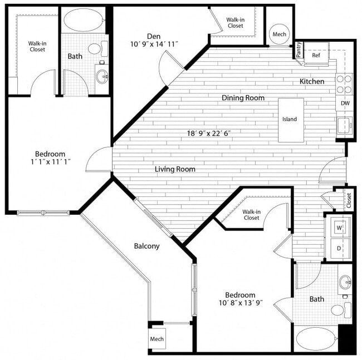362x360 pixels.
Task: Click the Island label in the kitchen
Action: [x=290, y=119]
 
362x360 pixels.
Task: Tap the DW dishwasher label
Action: [x=345, y=103]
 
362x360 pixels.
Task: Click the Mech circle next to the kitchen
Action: [x=279, y=34]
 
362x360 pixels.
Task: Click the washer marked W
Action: [x=339, y=228]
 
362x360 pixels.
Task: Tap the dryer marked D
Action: [x=339, y=248]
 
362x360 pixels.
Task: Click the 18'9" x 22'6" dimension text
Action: [x=209, y=134]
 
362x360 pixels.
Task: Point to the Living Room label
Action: [x=175, y=169]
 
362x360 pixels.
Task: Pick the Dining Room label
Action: [x=243, y=98]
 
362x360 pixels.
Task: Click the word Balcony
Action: [x=147, y=246]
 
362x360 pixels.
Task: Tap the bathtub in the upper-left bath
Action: [x=84, y=21]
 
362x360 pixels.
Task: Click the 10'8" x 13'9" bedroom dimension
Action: [x=240, y=304]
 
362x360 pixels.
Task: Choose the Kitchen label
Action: [x=312, y=82]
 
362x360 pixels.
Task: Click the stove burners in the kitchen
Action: [x=345, y=84]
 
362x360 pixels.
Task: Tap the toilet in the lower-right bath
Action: [x=337, y=310]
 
